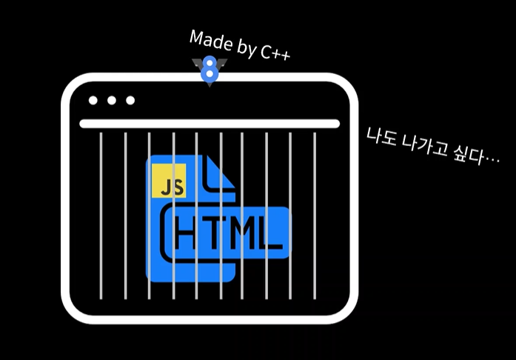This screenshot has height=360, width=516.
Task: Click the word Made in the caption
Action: click(209, 41)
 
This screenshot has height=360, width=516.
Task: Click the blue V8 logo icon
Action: click(210, 71)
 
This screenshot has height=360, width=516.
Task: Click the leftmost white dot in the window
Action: click(93, 101)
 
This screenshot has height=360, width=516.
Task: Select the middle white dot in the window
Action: click(112, 101)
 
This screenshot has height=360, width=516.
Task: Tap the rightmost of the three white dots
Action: click(130, 101)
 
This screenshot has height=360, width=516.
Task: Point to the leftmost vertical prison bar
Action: click(101, 215)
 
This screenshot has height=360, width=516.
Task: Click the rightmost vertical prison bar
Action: click(315, 215)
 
